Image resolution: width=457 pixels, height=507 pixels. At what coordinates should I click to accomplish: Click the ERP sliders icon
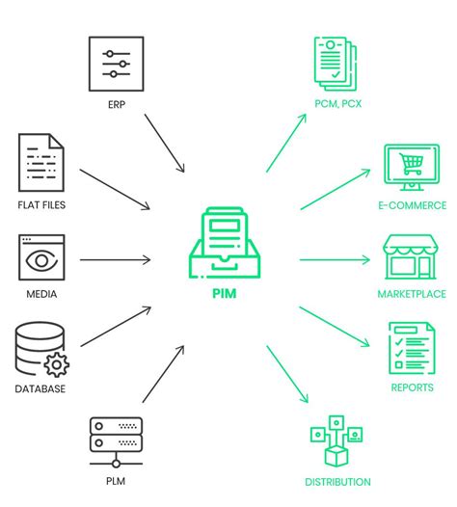tap(116, 65)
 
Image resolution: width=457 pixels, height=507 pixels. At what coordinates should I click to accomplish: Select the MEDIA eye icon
tap(40, 258)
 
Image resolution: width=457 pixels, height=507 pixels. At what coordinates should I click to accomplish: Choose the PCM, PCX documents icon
tap(336, 62)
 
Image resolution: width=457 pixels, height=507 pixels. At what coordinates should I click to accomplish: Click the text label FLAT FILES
tap(41, 205)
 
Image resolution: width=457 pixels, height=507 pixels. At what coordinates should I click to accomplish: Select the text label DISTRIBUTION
tap(337, 482)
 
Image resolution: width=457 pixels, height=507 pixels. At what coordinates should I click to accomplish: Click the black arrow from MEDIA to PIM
tap(115, 259)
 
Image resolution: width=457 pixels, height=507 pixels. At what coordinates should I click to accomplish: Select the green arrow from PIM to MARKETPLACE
tap(335, 259)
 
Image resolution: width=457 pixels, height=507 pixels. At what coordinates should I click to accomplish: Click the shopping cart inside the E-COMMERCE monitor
tap(412, 163)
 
